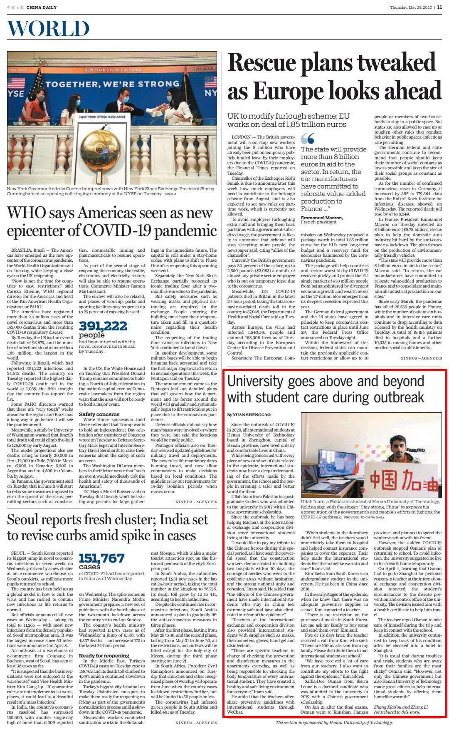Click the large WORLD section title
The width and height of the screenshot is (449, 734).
[x=48, y=29]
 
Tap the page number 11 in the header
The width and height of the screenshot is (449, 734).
[x=439, y=7]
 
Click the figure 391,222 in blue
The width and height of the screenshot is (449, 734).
[x=103, y=326]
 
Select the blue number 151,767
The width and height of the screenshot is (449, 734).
[x=101, y=558]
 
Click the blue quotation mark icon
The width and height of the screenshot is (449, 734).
[x=308, y=139]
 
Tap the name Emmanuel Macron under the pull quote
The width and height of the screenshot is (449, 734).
[x=322, y=218]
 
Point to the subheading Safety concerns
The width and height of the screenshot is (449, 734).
[x=99, y=414]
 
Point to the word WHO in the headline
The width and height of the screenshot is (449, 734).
[x=27, y=213]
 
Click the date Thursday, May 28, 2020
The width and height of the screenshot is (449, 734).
[x=411, y=7]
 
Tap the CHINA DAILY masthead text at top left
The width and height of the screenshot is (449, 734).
[x=41, y=7]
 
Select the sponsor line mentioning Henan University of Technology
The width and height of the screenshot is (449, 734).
[x=334, y=722]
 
